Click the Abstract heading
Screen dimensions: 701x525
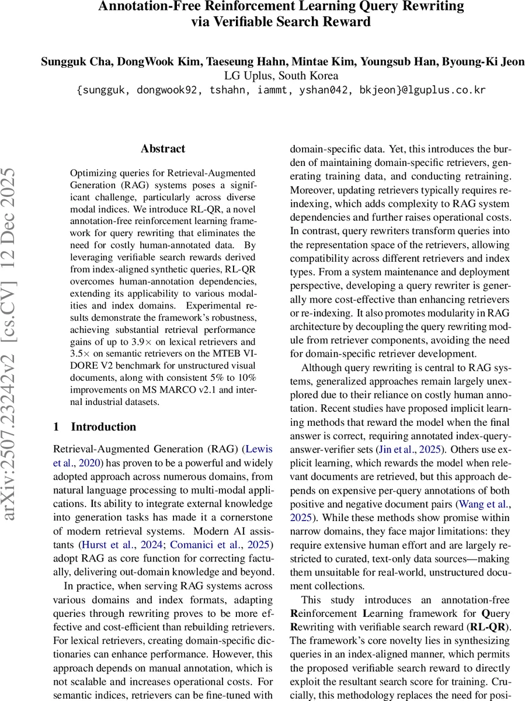click(x=162, y=149)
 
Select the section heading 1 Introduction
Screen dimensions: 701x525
click(x=95, y=426)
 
